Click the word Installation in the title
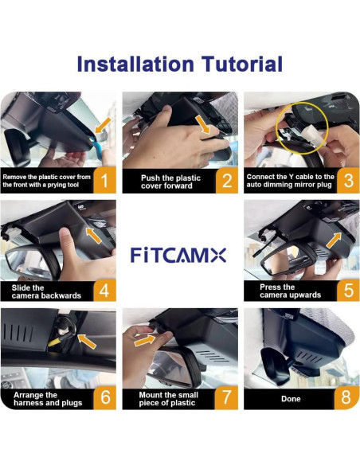(x=137, y=64)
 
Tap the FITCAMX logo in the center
(x=178, y=255)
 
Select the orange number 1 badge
(x=102, y=180)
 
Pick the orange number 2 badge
(x=225, y=180)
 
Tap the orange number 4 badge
(x=102, y=289)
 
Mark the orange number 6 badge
(x=102, y=397)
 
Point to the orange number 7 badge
(x=225, y=397)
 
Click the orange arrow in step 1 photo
(x=101, y=125)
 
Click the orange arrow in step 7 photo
(x=145, y=339)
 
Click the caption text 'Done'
(x=292, y=398)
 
